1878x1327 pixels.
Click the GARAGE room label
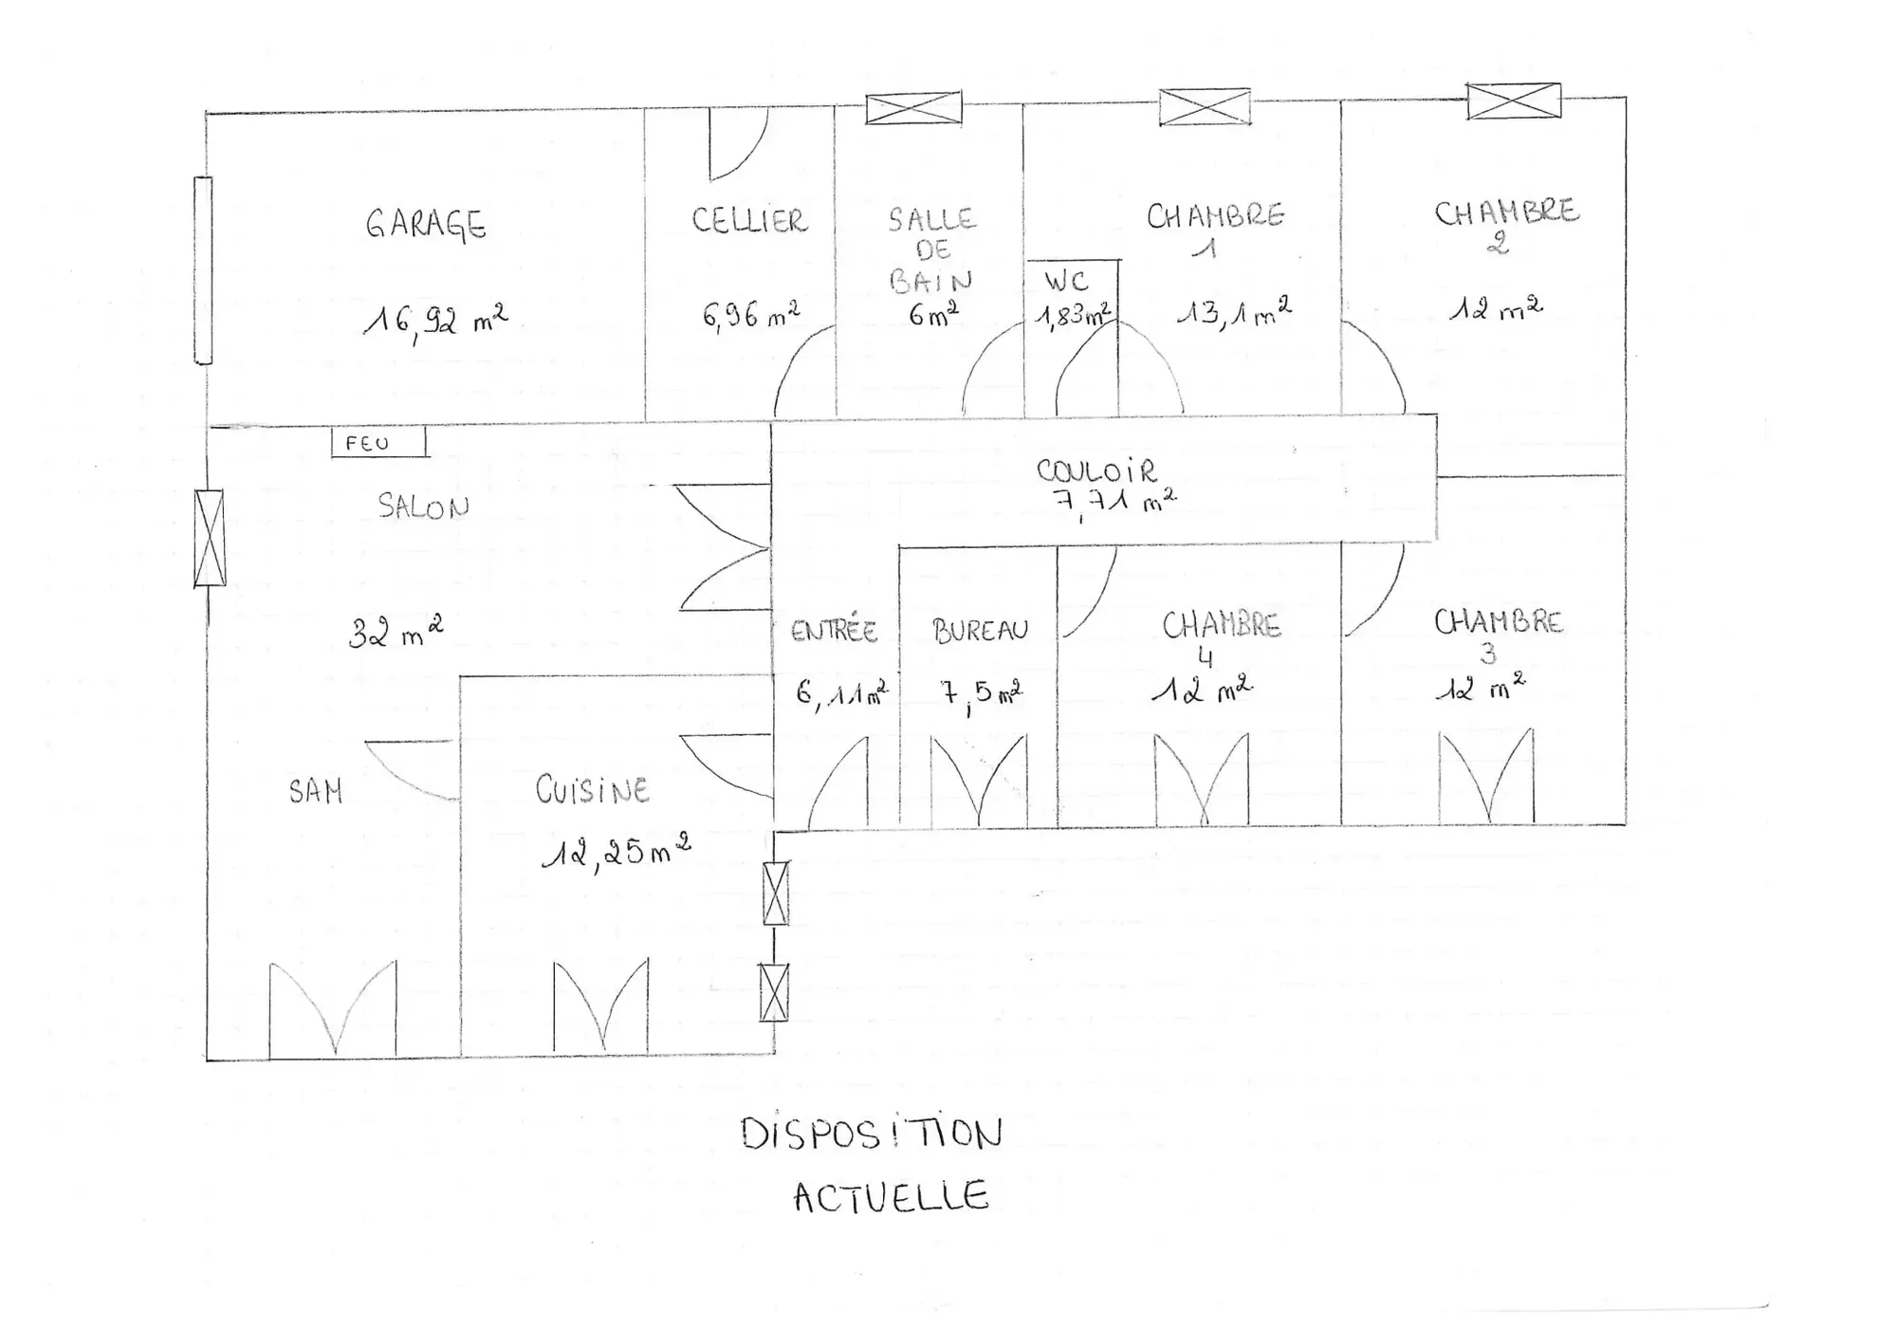click(x=426, y=225)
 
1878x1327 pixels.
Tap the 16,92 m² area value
click(x=435, y=322)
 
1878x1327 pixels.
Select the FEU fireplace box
click(x=378, y=442)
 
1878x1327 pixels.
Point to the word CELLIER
click(x=749, y=220)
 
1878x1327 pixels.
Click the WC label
click(x=1067, y=281)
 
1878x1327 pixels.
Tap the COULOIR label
click(x=1096, y=470)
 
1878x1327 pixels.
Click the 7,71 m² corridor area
click(x=1115, y=501)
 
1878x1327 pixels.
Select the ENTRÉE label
click(x=834, y=630)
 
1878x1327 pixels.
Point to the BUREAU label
click(x=980, y=630)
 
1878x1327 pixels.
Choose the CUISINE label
click(x=592, y=789)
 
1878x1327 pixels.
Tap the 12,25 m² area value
click(x=616, y=852)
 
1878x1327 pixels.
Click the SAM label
click(x=316, y=791)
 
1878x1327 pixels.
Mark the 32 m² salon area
click(x=396, y=632)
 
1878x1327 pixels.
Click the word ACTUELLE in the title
click(x=892, y=1197)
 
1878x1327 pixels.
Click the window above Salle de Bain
click(x=913, y=107)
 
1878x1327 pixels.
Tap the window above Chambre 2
click(x=1514, y=101)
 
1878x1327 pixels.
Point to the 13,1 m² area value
click(x=1234, y=312)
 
